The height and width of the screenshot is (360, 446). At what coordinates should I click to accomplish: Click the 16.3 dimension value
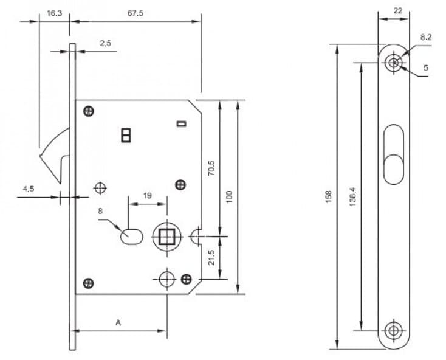click(x=54, y=13)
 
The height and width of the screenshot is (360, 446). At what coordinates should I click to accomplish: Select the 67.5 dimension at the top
click(x=136, y=13)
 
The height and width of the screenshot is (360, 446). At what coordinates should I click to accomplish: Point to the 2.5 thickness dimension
click(x=105, y=43)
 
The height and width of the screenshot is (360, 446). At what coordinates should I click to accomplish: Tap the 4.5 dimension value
click(x=29, y=189)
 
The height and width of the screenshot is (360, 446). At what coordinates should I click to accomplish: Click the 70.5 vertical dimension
click(x=211, y=168)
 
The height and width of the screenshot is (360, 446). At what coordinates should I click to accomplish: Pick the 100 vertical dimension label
click(x=229, y=196)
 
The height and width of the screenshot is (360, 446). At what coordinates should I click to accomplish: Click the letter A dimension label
click(x=118, y=323)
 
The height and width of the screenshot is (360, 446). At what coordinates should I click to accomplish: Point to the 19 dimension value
click(x=146, y=196)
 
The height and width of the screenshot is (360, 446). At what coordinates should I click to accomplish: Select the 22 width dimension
click(x=398, y=10)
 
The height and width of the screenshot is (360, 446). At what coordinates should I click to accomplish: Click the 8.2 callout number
click(x=425, y=37)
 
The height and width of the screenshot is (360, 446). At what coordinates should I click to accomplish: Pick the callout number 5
click(x=425, y=68)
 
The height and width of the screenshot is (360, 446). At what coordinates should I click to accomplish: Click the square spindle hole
click(x=166, y=235)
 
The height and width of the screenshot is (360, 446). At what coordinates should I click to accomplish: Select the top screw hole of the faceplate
click(x=394, y=63)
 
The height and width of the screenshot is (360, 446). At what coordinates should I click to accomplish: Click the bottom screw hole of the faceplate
click(x=394, y=330)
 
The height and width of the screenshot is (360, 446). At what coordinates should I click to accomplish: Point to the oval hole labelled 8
click(x=131, y=236)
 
